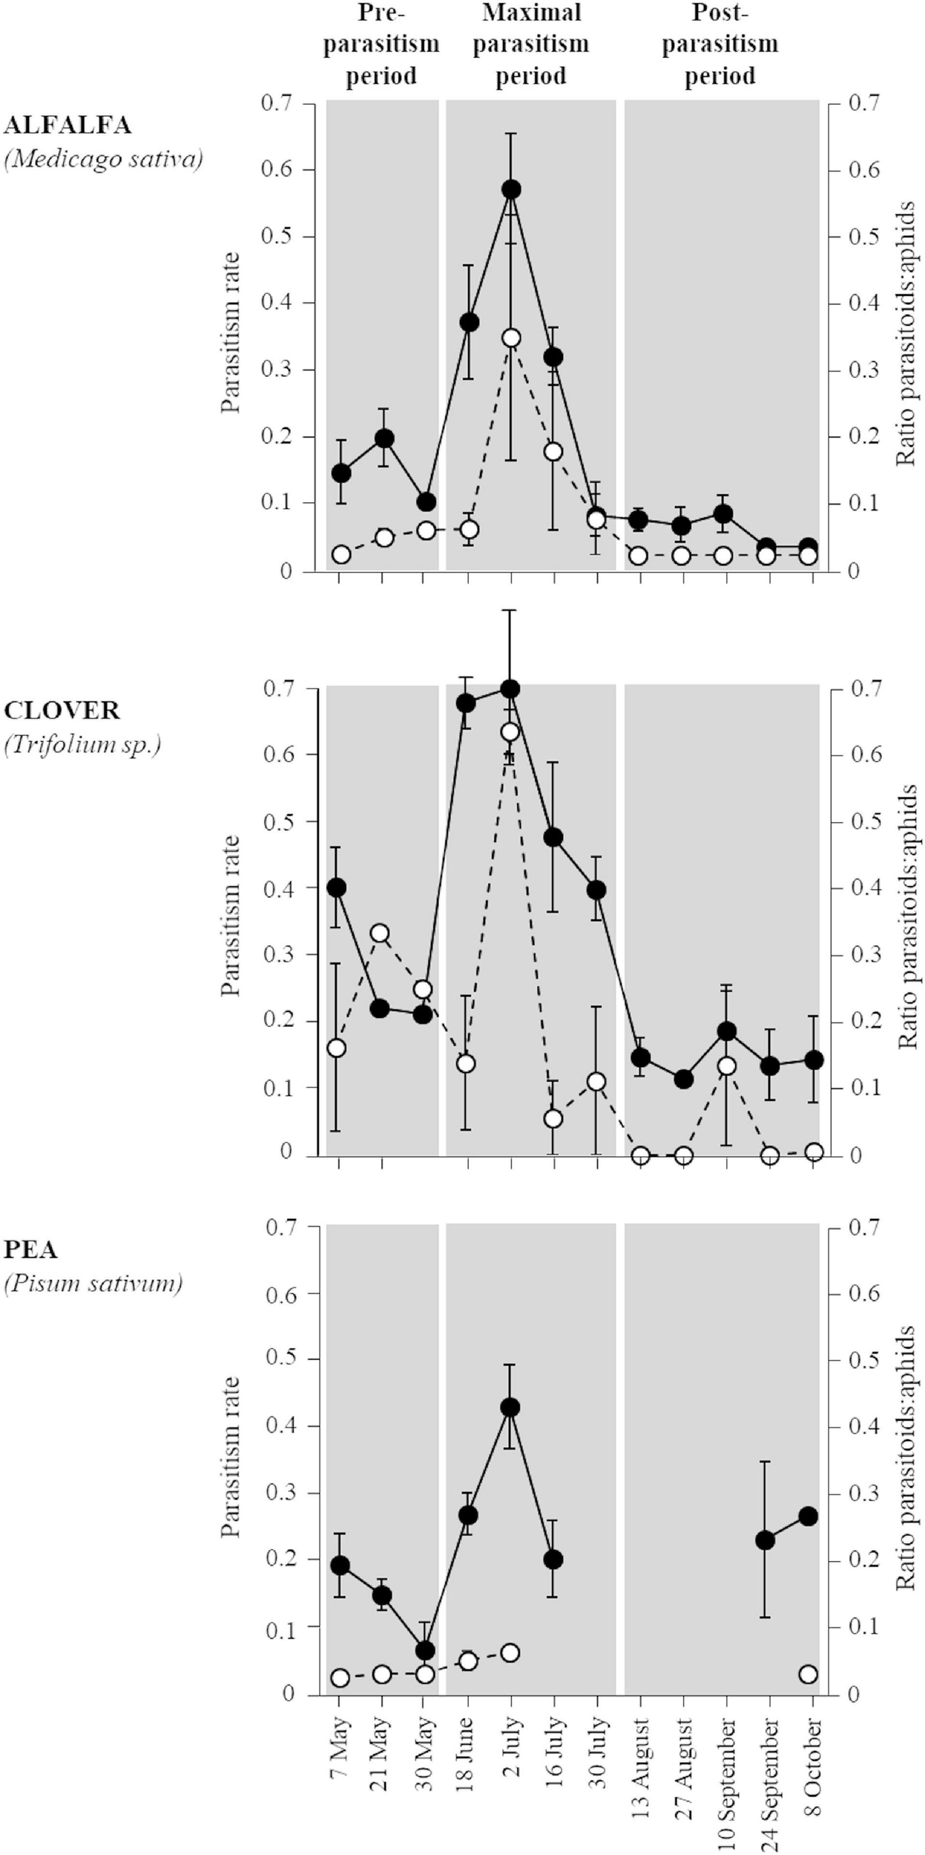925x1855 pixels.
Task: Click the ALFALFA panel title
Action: coord(68,125)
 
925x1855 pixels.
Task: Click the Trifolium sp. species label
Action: coord(82,744)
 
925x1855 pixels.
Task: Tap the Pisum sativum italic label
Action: coord(93,1282)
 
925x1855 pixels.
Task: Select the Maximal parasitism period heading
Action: coord(531,44)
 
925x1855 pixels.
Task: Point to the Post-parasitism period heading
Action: coord(720,44)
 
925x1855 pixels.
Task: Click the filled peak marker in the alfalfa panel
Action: coord(510,189)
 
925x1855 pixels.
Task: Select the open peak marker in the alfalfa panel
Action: coord(511,338)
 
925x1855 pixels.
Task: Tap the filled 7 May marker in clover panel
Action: coord(338,887)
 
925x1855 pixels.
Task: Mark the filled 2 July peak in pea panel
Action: coord(510,1408)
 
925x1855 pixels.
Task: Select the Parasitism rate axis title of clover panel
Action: coord(232,916)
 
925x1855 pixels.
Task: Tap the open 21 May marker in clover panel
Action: coord(381,933)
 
